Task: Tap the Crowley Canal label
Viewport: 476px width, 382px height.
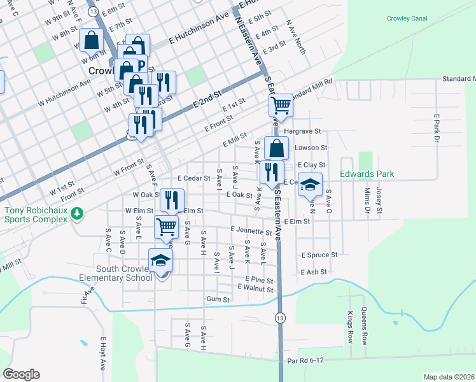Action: [407, 18]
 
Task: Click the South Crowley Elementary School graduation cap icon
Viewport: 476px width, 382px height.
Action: [160, 260]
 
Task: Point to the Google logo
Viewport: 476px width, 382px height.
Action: [21, 374]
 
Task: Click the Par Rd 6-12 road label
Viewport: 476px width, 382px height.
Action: [306, 360]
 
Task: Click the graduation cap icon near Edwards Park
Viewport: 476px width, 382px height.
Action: [310, 185]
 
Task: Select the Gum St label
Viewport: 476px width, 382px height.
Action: [218, 299]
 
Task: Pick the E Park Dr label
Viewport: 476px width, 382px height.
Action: [437, 129]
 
